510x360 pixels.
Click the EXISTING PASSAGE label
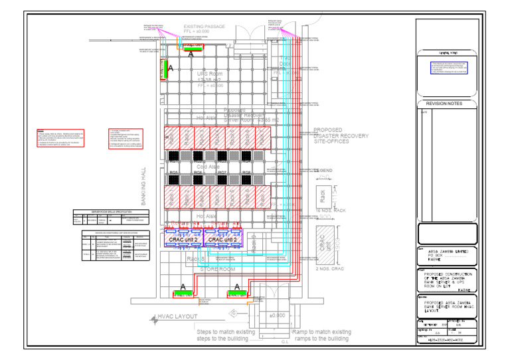pos(205,26)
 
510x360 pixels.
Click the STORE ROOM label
pos(219,269)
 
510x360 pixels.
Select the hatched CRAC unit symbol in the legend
pos(323,243)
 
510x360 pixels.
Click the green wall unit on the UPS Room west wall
pos(163,68)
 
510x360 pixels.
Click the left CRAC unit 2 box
pos(184,239)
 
